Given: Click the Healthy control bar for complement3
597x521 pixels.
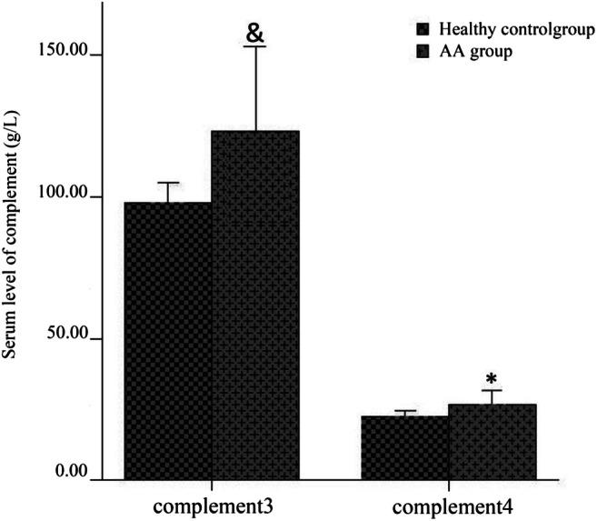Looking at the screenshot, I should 168,341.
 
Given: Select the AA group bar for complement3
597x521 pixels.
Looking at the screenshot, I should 255,306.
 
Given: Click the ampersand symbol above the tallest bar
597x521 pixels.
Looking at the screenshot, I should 254,33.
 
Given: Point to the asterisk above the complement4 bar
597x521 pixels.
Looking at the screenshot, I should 492,379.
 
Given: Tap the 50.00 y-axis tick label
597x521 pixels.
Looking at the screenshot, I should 65,337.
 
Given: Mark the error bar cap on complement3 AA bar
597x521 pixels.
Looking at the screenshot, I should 255,46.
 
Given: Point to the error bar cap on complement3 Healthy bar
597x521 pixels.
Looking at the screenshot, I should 168,183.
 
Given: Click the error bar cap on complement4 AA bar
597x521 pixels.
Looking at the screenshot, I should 493,391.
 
